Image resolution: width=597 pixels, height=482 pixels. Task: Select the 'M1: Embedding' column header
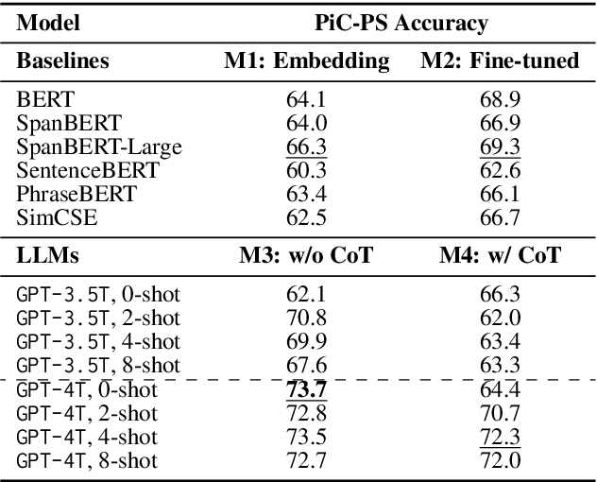[x=306, y=61]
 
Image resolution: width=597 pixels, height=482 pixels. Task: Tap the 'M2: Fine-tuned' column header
[x=500, y=61]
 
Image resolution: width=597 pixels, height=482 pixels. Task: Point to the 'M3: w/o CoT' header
[x=306, y=254]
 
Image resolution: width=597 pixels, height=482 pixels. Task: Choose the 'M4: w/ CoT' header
[x=500, y=254]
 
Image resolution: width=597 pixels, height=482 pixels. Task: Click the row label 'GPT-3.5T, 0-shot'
[x=98, y=294]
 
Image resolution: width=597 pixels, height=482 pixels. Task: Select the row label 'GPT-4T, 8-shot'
[x=88, y=460]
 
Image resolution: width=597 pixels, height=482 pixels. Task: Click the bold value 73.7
[x=306, y=388]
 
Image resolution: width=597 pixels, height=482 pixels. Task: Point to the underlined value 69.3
[x=500, y=146]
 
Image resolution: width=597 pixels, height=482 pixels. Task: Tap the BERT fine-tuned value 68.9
[x=500, y=97]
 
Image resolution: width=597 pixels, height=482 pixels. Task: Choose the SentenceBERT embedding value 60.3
[x=306, y=171]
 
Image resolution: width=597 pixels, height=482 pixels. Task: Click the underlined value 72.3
[x=500, y=436]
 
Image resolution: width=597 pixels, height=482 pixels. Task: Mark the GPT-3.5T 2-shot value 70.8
[x=306, y=318]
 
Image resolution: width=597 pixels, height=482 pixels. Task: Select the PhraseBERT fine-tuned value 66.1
[x=500, y=196]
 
